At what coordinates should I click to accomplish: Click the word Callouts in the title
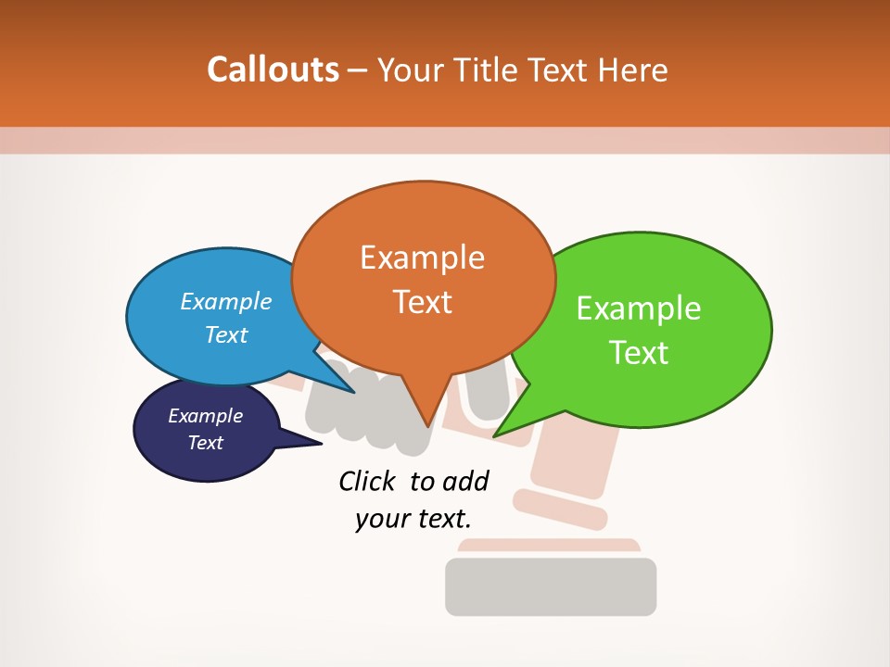pos(273,69)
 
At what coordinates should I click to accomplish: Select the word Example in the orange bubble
pos(422,258)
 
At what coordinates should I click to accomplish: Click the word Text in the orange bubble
pos(422,302)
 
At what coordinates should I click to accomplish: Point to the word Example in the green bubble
pos(639,308)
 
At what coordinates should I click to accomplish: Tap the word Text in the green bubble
pos(639,353)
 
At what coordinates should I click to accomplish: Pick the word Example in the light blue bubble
pos(226,301)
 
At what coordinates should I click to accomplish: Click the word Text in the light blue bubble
pos(226,334)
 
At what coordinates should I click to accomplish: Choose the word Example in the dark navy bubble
pos(206,416)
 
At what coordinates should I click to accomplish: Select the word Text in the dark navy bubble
pos(206,443)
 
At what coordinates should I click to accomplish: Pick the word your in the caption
pos(380,519)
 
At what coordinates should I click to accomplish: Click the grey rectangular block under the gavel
pos(551,586)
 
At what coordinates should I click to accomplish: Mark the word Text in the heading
pos(560,69)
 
